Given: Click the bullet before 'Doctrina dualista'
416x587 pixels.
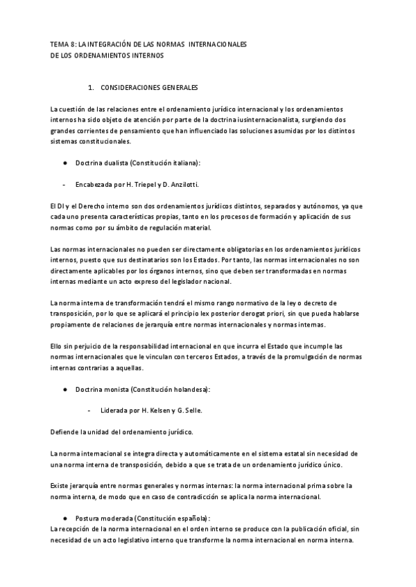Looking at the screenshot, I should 64,163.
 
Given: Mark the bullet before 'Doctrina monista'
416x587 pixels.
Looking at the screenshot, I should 64,390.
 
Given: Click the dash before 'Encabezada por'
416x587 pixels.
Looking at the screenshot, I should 64,185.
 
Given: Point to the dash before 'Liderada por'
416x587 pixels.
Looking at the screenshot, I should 90,410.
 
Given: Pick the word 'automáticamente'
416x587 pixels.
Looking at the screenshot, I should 191,453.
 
